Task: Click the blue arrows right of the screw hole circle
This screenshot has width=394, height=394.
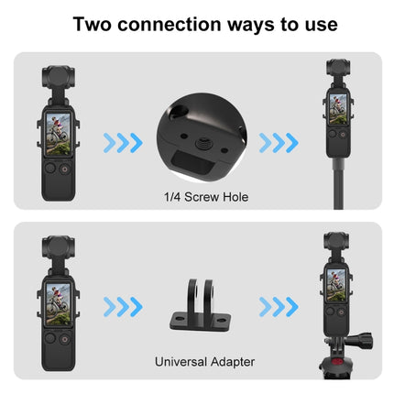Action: tap(278, 143)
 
